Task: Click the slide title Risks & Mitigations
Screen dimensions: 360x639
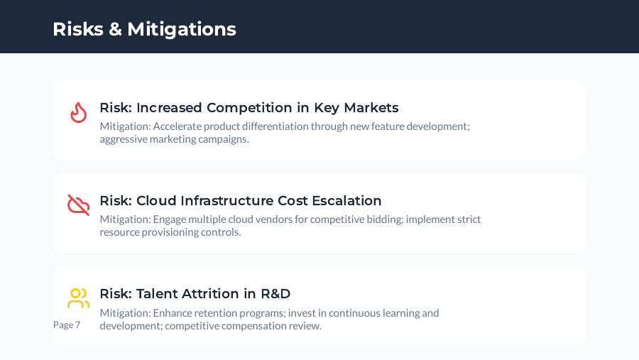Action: [x=144, y=29]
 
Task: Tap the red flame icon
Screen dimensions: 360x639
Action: [x=78, y=112]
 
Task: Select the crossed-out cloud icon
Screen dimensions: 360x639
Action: [x=78, y=205]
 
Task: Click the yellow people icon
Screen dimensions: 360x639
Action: [x=78, y=298]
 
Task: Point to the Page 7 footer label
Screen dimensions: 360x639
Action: [x=67, y=324]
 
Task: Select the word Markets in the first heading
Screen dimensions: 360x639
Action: [x=371, y=108]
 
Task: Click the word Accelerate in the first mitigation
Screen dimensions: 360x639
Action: [x=178, y=126]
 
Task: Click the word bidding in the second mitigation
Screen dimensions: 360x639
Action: [x=384, y=219]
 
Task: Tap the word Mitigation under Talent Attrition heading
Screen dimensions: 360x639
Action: [x=124, y=313]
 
